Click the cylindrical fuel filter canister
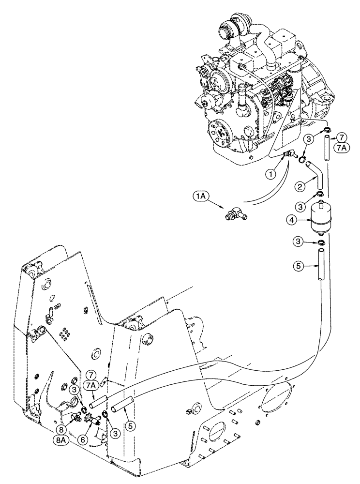317,219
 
